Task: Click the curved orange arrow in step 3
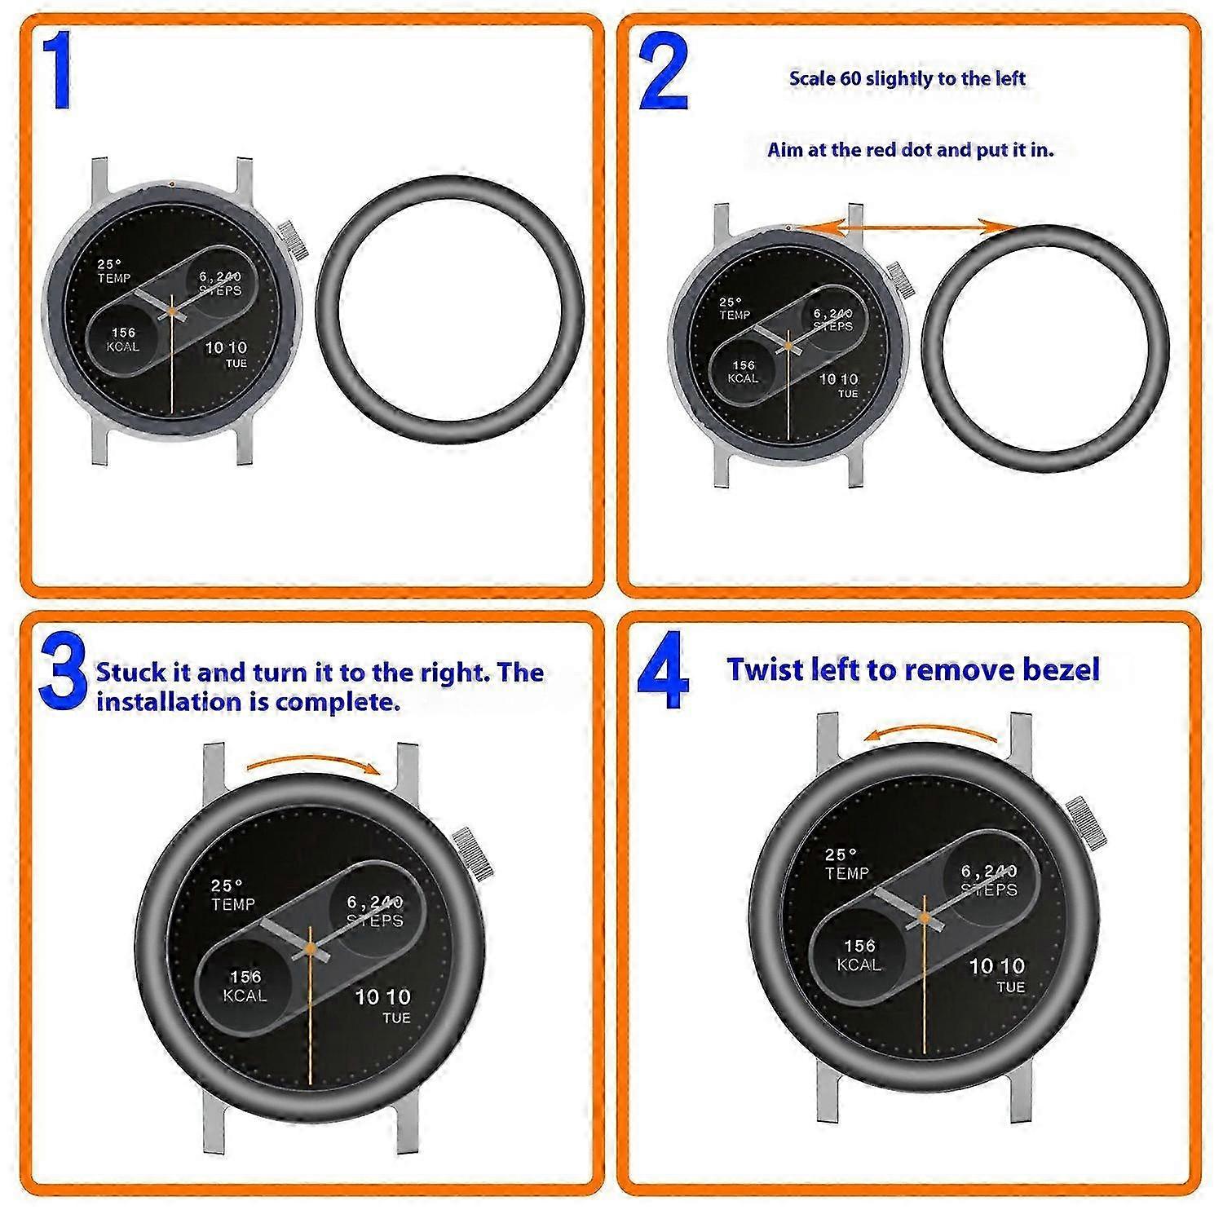pyautogui.click(x=314, y=761)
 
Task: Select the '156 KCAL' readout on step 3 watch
pyautogui.click(x=245, y=986)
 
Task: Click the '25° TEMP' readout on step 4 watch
pyautogui.click(x=846, y=864)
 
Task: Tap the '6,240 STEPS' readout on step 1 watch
pyautogui.click(x=220, y=284)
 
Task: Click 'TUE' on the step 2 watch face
pyautogui.click(x=848, y=394)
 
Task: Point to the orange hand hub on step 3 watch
pyautogui.click(x=311, y=948)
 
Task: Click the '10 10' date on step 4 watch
pyautogui.click(x=996, y=966)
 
